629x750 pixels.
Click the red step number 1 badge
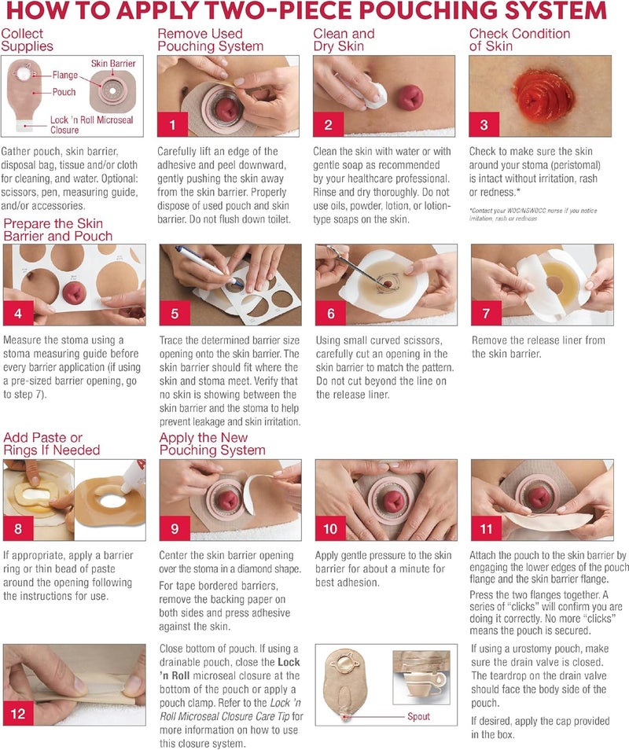[x=172, y=125]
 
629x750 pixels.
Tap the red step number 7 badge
[x=486, y=314]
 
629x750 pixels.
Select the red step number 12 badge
[x=18, y=714]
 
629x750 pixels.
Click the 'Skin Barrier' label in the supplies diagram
[x=113, y=63]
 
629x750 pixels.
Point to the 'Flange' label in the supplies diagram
[x=65, y=75]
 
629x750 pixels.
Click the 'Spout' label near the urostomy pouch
[x=418, y=716]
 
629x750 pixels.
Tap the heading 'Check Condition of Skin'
[x=520, y=39]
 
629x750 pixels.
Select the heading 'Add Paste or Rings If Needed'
[x=52, y=443]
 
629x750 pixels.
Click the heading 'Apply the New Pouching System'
[x=212, y=443]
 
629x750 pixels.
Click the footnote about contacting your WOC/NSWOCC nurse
[x=533, y=215]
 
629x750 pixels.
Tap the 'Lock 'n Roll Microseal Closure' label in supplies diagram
[x=92, y=125]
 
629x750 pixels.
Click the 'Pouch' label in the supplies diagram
[x=64, y=92]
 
